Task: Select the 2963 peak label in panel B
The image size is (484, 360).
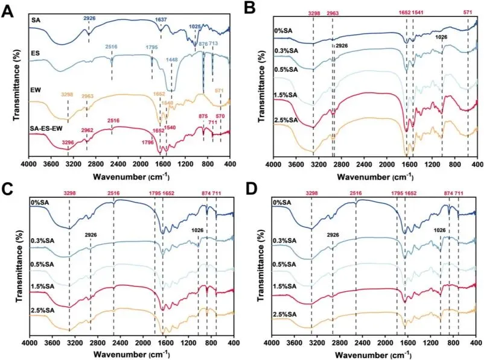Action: click(x=333, y=13)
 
